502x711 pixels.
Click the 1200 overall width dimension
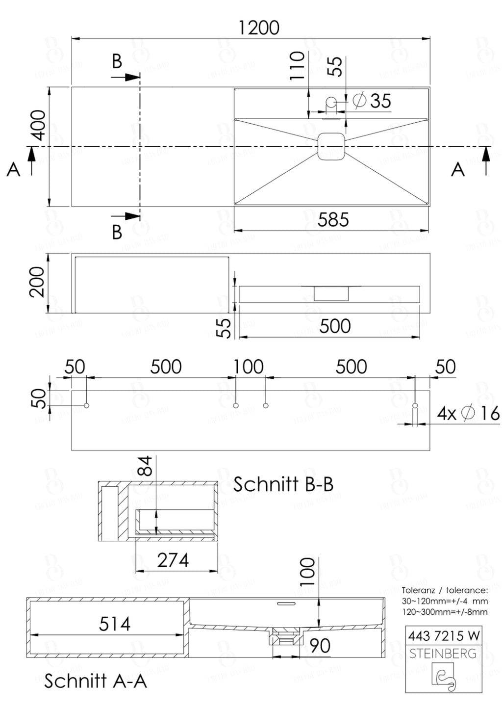pos(258,27)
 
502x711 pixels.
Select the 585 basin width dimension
pos(333,219)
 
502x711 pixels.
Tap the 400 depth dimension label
pos(39,126)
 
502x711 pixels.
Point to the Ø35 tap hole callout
pos(373,101)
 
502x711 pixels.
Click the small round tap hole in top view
pos(331,102)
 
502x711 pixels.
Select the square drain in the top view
pos(332,146)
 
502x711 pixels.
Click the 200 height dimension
pos(37,282)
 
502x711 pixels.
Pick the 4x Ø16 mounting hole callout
pos(468,413)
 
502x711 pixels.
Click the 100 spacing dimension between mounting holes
pos(249,367)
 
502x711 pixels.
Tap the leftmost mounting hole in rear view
pos(87,405)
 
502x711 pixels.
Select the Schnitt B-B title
pos(283,484)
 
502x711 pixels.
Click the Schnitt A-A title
pos(96,681)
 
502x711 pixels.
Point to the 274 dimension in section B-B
pos(173,560)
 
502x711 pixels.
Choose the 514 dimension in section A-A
pos(115,624)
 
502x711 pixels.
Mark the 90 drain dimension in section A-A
pos(320,646)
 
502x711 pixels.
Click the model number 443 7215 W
pos(443,636)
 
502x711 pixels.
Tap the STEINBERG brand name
pos(443,654)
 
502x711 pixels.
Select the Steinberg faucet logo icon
pos(443,677)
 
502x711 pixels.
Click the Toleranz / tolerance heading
pos(445,590)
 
